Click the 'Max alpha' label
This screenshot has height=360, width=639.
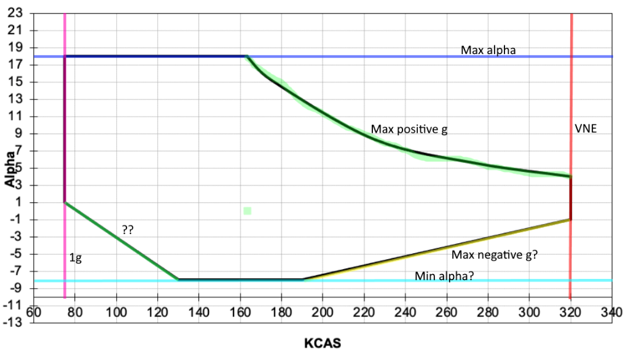tap(488, 50)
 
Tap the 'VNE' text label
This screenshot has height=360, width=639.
tap(586, 128)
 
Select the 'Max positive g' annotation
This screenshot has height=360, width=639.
tap(409, 130)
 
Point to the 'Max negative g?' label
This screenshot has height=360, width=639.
tap(495, 255)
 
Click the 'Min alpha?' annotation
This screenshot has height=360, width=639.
tap(444, 276)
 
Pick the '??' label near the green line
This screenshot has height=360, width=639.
tap(128, 230)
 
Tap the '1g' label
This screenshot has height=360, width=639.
tap(76, 258)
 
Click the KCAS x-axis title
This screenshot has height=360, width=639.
tap(323, 343)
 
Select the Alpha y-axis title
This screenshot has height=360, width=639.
tap(10, 169)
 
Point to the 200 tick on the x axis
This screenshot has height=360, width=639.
tap(323, 312)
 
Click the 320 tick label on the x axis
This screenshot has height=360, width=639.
tap(570, 312)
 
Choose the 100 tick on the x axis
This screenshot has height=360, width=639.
tap(116, 312)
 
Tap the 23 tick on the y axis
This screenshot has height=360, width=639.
tap(15, 13)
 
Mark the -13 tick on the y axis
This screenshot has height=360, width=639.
tap(13, 323)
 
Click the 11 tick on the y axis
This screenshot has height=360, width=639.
tap(15, 116)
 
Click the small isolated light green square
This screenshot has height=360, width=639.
tap(248, 211)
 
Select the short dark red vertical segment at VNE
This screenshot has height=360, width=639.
tap(571, 198)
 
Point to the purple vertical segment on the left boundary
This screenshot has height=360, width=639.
tap(65, 129)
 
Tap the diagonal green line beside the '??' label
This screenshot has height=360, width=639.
tap(122, 241)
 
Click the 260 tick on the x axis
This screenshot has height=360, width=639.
tap(446, 312)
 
